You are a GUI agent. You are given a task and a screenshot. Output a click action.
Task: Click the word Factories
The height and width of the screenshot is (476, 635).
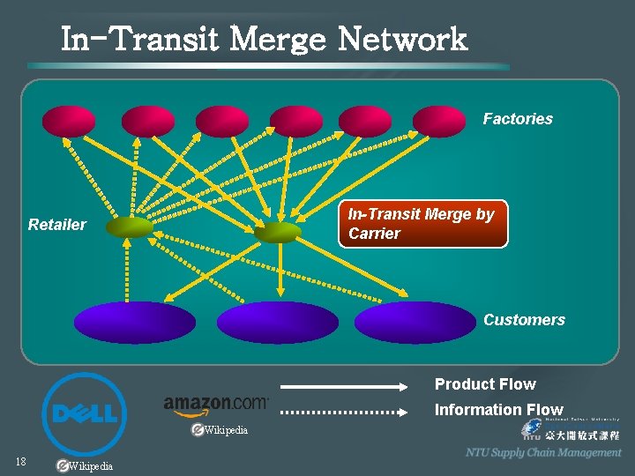click(x=518, y=119)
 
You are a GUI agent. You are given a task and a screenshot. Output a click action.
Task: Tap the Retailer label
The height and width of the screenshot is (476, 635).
click(x=57, y=225)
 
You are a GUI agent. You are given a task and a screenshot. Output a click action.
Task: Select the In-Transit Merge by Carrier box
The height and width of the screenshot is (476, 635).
click(x=423, y=224)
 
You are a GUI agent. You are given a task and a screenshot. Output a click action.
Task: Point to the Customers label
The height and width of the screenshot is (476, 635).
click(x=524, y=320)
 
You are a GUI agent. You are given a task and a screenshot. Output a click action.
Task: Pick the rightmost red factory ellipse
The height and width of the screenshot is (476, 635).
click(x=438, y=122)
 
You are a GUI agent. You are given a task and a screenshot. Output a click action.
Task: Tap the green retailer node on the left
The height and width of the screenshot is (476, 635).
click(x=129, y=228)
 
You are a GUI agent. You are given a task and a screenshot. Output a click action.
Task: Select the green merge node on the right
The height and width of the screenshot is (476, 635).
click(x=278, y=232)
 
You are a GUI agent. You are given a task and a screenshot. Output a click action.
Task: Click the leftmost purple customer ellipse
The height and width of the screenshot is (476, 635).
click(x=135, y=323)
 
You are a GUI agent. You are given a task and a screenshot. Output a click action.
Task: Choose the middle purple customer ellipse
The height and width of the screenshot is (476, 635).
click(x=277, y=323)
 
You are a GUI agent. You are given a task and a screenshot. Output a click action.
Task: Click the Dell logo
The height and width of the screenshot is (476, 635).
click(x=85, y=414)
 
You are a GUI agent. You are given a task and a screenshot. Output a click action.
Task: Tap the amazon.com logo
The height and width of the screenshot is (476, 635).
click(x=216, y=404)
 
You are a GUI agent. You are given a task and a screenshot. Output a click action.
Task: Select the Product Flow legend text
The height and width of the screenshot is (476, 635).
click(x=485, y=384)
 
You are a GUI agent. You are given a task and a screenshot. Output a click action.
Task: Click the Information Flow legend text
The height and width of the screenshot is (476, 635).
click(x=498, y=410)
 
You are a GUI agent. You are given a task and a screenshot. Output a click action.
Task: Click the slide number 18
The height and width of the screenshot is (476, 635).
click(x=20, y=462)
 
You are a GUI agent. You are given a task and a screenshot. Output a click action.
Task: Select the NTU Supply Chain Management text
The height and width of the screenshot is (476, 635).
click(x=543, y=452)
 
